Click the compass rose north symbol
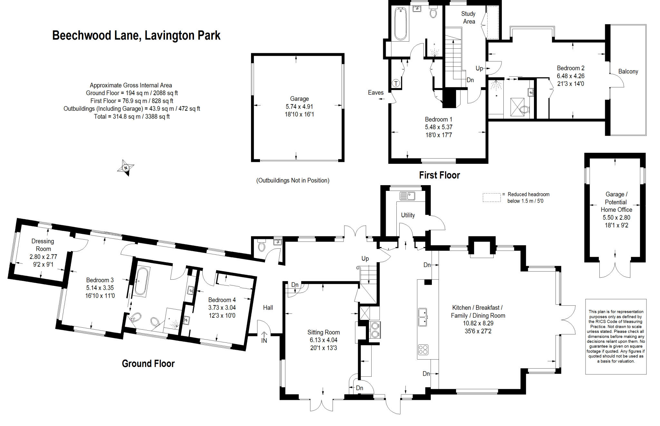126,168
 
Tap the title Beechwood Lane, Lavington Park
136,35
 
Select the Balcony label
628,72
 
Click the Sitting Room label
324,332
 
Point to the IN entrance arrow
264,337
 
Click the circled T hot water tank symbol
396,83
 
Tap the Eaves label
376,93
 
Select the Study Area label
469,18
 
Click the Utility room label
408,215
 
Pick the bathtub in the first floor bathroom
401,24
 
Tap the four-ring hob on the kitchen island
423,350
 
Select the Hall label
268,308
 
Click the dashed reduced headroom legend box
491,197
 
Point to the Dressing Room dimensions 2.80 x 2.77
43,257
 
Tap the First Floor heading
439,175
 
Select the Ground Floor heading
148,364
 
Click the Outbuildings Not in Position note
293,181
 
